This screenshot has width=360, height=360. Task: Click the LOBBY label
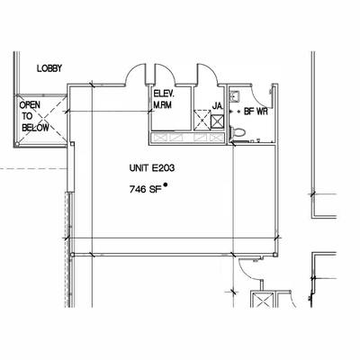coord(49,68)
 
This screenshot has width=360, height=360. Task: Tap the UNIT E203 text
coord(152,168)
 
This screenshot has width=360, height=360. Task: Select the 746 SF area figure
coord(143,190)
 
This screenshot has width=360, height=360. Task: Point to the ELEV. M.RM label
coord(163,99)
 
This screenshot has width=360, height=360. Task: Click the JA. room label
coord(217,106)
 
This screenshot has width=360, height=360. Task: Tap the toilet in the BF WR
coord(238,132)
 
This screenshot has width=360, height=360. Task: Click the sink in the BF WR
coord(234,96)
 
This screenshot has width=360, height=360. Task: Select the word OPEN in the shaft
coord(30,105)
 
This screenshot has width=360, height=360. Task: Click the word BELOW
coord(35,128)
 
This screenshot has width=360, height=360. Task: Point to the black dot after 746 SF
coord(165,184)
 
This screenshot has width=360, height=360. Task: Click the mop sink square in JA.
coord(218,121)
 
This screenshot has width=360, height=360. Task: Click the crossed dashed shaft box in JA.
coord(202,120)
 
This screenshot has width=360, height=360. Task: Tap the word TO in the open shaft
coord(27,116)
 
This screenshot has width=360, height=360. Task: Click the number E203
coord(163,168)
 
